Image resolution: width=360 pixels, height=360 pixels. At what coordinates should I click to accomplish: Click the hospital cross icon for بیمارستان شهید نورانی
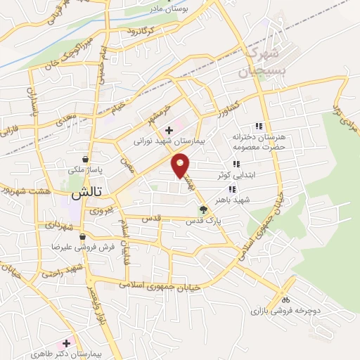tap(169, 130)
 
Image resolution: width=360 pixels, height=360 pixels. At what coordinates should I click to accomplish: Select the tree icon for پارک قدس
tap(204, 209)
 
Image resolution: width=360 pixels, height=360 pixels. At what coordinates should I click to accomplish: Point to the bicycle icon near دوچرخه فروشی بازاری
tap(285, 297)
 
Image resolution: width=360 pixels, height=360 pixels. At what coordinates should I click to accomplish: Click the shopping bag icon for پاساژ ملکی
tap(85, 159)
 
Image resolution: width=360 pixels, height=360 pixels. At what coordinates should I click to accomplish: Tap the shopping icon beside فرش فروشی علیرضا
tap(83, 237)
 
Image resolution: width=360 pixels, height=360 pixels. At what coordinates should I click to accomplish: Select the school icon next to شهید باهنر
tap(231, 189)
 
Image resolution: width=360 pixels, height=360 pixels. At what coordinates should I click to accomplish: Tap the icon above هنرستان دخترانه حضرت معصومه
tap(259, 126)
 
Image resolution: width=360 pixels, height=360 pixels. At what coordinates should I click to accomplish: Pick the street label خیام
tap(119, 106)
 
